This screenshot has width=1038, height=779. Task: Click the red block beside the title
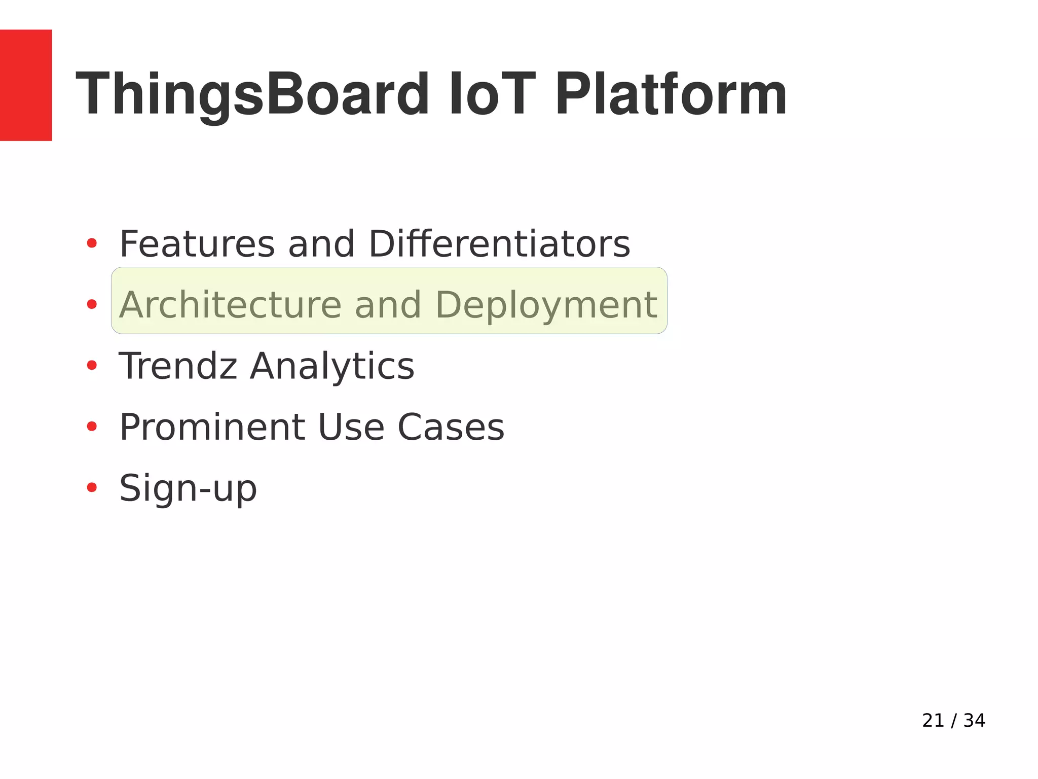point(25,85)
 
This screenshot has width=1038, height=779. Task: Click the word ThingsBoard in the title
point(252,94)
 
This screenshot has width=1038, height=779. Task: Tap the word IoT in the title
point(492,94)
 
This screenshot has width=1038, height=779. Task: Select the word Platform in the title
point(671,94)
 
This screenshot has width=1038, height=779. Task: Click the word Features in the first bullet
point(197,244)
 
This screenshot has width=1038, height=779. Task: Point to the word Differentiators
point(499,244)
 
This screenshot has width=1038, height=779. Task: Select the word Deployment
point(546,305)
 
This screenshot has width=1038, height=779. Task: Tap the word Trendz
point(178,366)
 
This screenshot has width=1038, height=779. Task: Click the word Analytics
point(332,366)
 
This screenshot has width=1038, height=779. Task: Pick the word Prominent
point(212,427)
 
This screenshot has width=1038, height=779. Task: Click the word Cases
point(451,427)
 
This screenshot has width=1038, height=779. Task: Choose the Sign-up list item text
point(188,488)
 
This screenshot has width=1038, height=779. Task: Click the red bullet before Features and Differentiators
point(92,243)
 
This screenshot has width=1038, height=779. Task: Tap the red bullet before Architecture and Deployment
point(92,304)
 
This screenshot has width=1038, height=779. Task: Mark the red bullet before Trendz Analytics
point(92,365)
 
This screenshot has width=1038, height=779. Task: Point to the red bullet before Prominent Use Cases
point(92,427)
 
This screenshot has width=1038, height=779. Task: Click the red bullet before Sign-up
point(92,487)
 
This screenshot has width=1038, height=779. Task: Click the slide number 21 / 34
point(953,721)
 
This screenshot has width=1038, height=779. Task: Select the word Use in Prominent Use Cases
point(351,427)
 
